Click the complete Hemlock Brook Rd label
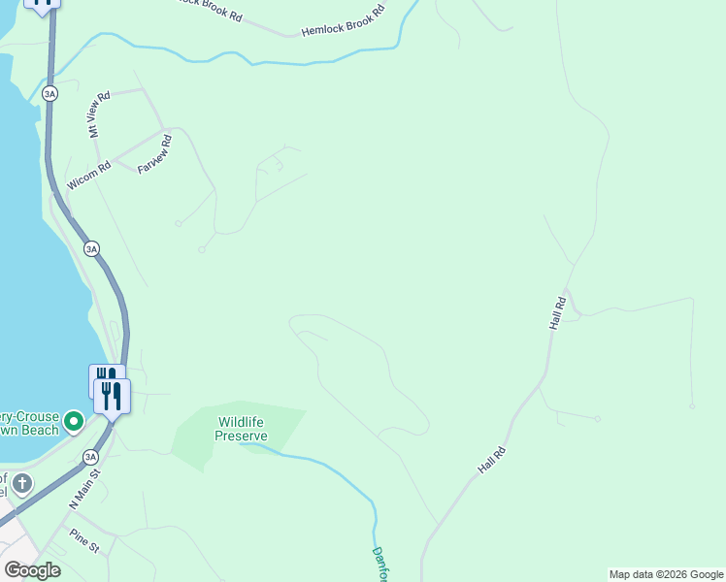click(x=343, y=21)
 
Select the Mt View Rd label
click(x=100, y=114)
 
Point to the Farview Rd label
click(x=155, y=154)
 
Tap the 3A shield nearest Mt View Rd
click(x=49, y=93)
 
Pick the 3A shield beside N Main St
click(x=90, y=456)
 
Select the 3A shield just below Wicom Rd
click(x=91, y=248)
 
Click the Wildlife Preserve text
click(x=242, y=429)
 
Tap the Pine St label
click(x=83, y=541)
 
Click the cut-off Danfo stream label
click(x=379, y=564)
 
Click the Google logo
click(x=32, y=569)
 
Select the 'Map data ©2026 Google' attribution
click(x=666, y=574)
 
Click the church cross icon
click(x=21, y=483)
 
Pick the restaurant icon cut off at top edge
click(x=42, y=4)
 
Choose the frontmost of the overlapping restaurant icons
click(x=113, y=396)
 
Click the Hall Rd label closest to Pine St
click(x=492, y=460)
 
